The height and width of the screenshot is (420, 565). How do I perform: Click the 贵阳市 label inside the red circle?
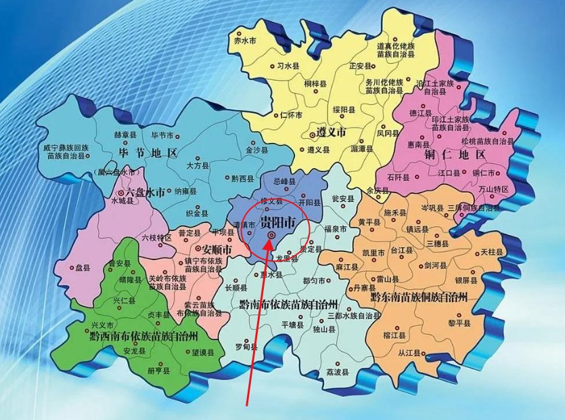coord(278,222)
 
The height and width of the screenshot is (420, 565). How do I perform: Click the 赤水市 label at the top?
coord(245,41)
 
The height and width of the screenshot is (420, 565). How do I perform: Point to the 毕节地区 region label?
coord(147,152)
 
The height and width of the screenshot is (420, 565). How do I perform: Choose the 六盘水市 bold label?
coord(141,192)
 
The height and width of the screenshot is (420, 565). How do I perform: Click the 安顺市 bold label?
coord(217,250)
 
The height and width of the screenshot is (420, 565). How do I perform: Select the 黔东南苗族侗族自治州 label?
coord(419,297)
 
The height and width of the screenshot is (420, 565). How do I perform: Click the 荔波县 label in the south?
coord(336,373)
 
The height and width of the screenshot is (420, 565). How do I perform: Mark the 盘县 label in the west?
coord(83,268)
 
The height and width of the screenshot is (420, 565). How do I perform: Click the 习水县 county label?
coord(288,66)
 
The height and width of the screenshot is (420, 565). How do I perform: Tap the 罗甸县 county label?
coord(245,347)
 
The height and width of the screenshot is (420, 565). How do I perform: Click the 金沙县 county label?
coord(257,150)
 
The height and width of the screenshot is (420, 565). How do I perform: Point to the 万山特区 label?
coord(492,189)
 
